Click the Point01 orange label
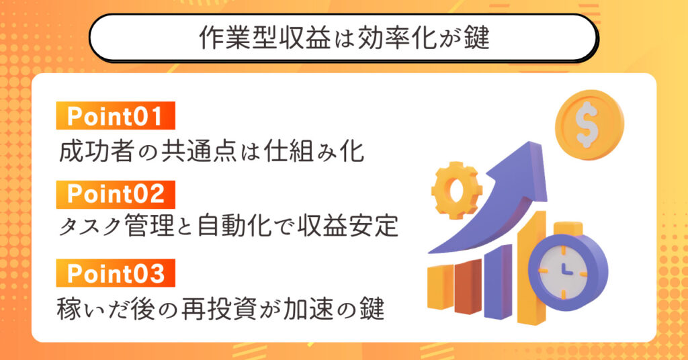pyautogui.click(x=116, y=116)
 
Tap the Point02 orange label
pyautogui.click(x=116, y=194)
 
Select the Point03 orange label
pyautogui.click(x=116, y=273)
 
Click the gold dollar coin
pyautogui.click(x=589, y=125)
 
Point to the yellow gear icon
pyautogui.click(x=456, y=190)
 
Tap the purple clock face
pyautogui.click(x=566, y=272)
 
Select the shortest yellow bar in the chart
pyautogui.click(x=440, y=287)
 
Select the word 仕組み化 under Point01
pyautogui.click(x=314, y=152)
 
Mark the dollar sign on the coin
pyautogui.click(x=587, y=124)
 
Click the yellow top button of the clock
pyautogui.click(x=568, y=229)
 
